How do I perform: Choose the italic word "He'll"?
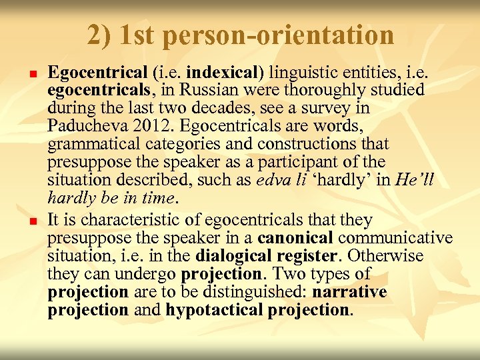pyautogui.click(x=415, y=180)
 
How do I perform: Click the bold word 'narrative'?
pyautogui.click(x=349, y=292)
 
